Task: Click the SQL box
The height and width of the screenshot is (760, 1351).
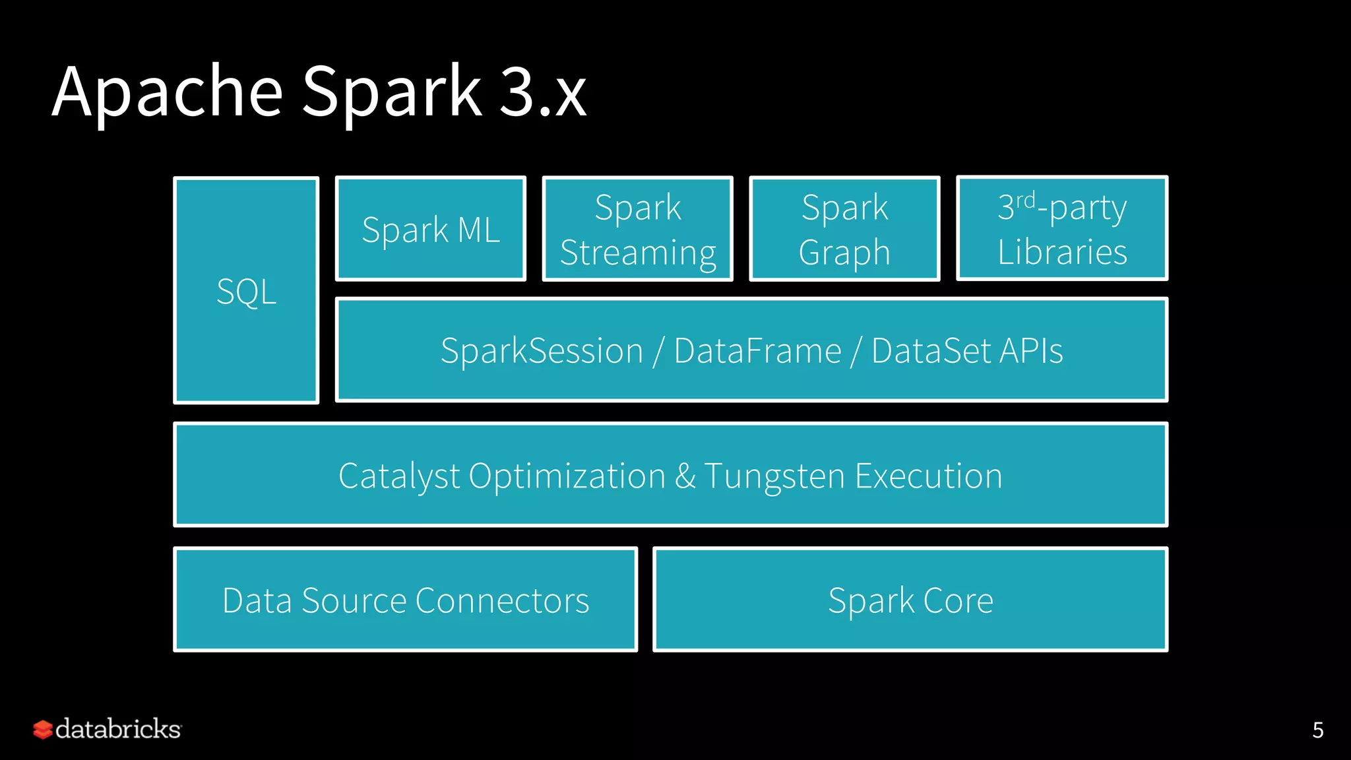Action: tap(246, 291)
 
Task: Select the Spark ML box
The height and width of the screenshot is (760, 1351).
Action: tap(431, 230)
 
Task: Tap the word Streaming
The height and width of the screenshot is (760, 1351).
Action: tap(638, 253)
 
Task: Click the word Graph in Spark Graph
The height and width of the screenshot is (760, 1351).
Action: tap(844, 253)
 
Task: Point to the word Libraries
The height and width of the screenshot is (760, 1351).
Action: tap(1062, 252)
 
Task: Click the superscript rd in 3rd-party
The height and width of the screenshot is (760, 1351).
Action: tap(1025, 199)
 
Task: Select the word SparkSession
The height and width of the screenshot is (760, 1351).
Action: tap(542, 350)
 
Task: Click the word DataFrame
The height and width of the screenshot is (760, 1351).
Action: tap(757, 350)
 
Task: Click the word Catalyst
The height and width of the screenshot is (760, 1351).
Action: tap(398, 476)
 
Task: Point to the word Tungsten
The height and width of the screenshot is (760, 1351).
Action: tap(774, 476)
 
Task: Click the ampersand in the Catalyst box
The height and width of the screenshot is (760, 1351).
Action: tap(685, 476)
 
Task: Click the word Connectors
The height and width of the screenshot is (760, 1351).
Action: tap(502, 601)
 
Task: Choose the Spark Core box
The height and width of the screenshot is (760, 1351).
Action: tap(910, 600)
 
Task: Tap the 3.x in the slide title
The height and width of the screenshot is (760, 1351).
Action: tap(542, 92)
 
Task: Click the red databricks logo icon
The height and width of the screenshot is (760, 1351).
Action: tap(43, 730)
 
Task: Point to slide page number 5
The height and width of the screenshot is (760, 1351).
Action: tap(1317, 730)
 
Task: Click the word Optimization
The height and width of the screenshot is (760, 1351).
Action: tap(567, 476)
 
